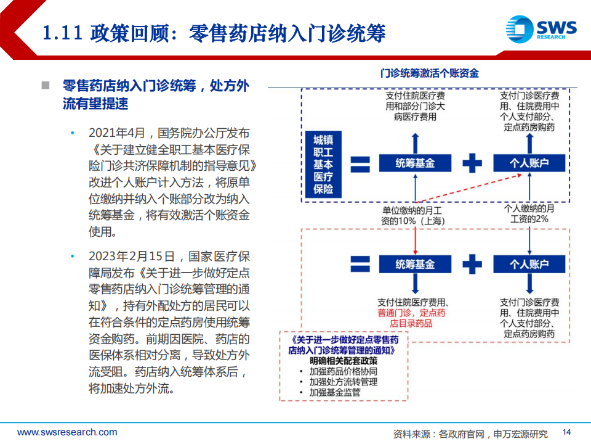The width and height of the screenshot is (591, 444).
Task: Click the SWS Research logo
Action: click(x=541, y=29)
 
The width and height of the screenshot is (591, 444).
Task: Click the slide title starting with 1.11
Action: click(x=214, y=33)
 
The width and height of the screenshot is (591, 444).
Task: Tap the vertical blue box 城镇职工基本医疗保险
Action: click(x=323, y=164)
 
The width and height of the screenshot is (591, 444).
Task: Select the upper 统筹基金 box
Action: click(x=415, y=163)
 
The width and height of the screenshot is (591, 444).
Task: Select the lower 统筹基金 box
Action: click(x=415, y=264)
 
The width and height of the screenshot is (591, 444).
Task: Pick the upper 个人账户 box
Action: click(x=529, y=163)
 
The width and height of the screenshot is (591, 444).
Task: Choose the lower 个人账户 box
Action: click(x=529, y=264)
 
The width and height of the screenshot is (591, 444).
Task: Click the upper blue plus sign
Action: click(x=472, y=163)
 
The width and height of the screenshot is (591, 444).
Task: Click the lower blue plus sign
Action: click(x=472, y=264)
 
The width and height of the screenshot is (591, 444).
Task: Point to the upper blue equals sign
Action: click(x=360, y=164)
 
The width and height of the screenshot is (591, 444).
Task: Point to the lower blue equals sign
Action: click(x=360, y=264)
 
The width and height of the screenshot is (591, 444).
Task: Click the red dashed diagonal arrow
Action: click(x=469, y=188)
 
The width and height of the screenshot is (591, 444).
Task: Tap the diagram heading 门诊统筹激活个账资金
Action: click(x=429, y=73)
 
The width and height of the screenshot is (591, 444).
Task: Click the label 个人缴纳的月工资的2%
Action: click(x=529, y=214)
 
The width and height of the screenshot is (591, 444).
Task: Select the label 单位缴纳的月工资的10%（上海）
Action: click(x=412, y=216)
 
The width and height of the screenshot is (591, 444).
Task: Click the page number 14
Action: click(x=566, y=432)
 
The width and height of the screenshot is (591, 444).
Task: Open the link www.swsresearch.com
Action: click(x=67, y=432)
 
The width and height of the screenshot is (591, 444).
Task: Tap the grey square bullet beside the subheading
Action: click(x=46, y=85)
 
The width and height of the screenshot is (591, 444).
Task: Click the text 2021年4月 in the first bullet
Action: click(x=117, y=133)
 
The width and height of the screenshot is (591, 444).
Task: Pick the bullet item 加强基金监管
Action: click(x=335, y=393)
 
